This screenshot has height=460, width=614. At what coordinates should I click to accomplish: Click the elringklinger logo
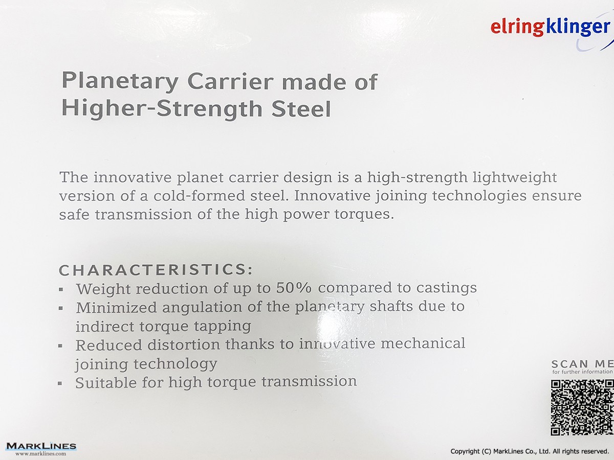[550, 28]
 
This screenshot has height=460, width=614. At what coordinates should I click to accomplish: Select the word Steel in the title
[301, 108]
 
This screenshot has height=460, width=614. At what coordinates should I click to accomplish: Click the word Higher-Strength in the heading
[162, 109]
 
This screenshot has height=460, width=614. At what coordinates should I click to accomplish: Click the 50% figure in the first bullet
[294, 288]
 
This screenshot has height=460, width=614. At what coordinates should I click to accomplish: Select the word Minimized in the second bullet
[116, 308]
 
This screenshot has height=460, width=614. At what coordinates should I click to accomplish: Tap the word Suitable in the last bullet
[106, 383]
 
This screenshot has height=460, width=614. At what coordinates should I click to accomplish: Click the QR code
[582, 407]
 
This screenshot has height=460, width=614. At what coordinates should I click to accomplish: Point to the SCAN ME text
[582, 364]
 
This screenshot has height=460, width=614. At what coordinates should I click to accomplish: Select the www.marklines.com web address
[41, 454]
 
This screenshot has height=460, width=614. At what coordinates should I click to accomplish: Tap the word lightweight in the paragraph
[515, 178]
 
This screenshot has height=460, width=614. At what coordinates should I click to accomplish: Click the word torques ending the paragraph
[364, 215]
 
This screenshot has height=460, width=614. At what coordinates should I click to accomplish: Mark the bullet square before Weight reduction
[61, 289]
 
